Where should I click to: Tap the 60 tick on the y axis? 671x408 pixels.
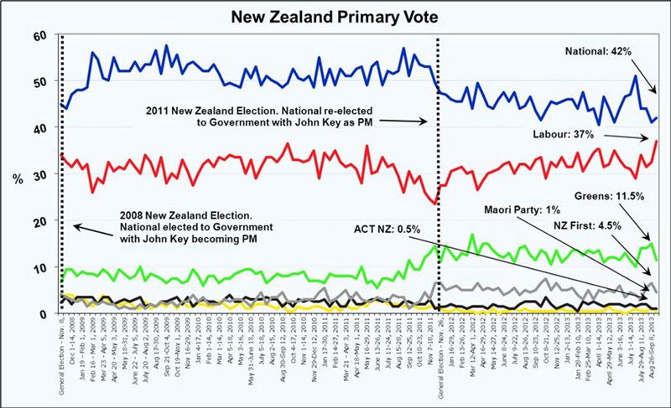[x=39, y=35]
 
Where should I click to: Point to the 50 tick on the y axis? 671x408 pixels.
[x=39, y=81]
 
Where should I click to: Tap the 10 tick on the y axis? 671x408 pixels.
[x=39, y=267]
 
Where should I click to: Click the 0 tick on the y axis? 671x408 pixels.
[x=43, y=313]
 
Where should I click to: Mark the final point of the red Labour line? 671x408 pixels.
[x=656, y=141]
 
